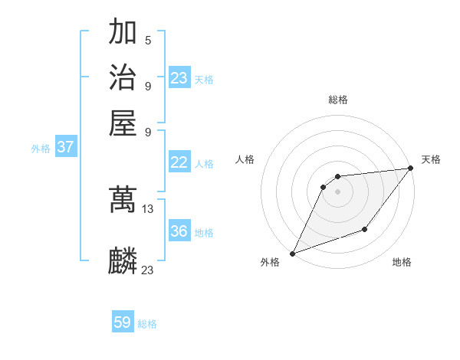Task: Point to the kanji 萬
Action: tap(123, 200)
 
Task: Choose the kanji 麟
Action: tap(123, 260)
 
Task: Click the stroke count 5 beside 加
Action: tap(147, 41)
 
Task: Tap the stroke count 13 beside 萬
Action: tap(148, 209)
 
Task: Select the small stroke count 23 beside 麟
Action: tap(148, 270)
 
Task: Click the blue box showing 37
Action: tap(65, 147)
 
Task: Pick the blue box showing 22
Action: tap(179, 162)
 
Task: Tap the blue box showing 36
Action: tap(179, 231)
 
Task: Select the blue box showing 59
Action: tap(123, 322)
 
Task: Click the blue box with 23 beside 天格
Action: tap(179, 78)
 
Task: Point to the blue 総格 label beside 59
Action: tap(147, 324)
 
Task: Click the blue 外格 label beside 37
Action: tap(41, 149)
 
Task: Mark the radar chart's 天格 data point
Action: tap(410, 169)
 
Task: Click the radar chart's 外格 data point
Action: tap(292, 253)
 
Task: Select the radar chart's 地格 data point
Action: tap(366, 229)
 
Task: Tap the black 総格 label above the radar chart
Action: tap(337, 100)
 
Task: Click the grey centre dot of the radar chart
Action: tap(337, 192)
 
